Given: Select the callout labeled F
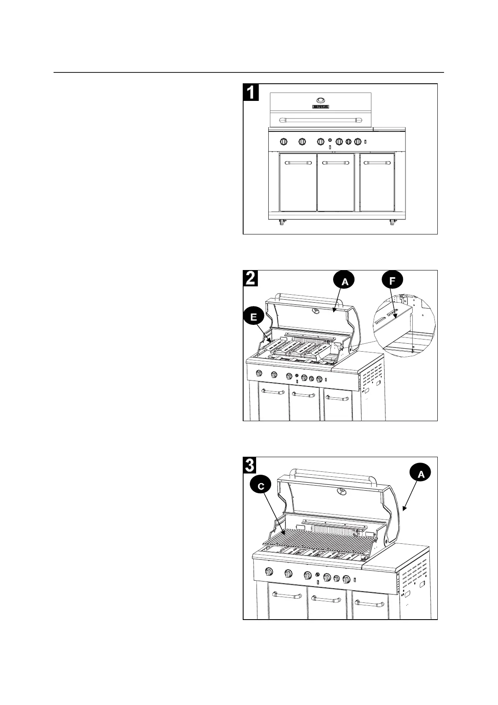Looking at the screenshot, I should pyautogui.click(x=391, y=281).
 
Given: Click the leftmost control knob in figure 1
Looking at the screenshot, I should pyautogui.click(x=283, y=142).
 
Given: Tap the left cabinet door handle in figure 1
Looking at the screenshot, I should pyautogui.click(x=298, y=162).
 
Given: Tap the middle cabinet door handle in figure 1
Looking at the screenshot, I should pyautogui.click(x=336, y=162).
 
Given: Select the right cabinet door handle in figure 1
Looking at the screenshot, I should pyautogui.click(x=377, y=162).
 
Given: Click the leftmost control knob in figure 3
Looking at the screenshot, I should pyautogui.click(x=269, y=571).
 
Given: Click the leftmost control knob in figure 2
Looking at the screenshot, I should pyautogui.click(x=259, y=373).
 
